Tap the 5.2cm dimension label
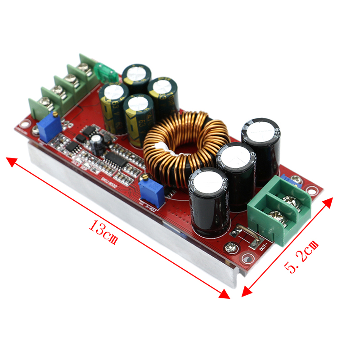click(301, 257)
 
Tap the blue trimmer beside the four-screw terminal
click(48, 126)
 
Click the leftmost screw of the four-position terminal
click(43, 103)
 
